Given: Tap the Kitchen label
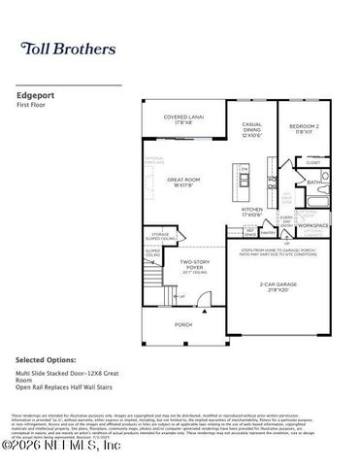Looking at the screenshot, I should coord(252,210).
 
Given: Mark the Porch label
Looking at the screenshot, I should coord(182,324).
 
